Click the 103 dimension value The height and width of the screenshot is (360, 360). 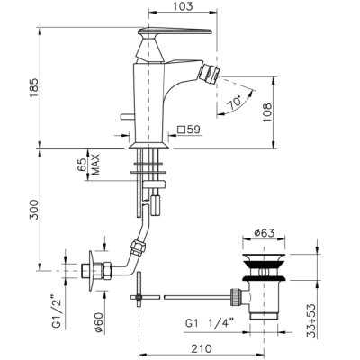tap(183, 6)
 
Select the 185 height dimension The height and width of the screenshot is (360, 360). tap(34, 87)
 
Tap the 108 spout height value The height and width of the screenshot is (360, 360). tap(267, 112)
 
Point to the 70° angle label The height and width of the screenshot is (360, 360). tap(235, 103)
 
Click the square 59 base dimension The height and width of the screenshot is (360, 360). tap(189, 130)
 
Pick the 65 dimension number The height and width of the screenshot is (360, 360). tap(82, 166)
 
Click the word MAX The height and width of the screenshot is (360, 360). tap(95, 165)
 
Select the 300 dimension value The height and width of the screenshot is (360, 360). tap(34, 210)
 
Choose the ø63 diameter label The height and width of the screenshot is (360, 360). tap(264, 233)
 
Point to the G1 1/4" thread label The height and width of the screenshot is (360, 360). tap(210, 323)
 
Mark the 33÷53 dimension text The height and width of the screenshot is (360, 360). tap(312, 321)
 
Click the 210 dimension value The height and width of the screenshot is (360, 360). tap(202, 348)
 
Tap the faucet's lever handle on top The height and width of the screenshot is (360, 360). tap(175, 31)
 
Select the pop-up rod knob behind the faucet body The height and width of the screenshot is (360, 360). tap(124, 116)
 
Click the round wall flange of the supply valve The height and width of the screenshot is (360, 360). tap(91, 271)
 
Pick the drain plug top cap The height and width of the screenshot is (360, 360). tap(264, 257)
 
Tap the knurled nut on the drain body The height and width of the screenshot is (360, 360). tap(235, 297)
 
